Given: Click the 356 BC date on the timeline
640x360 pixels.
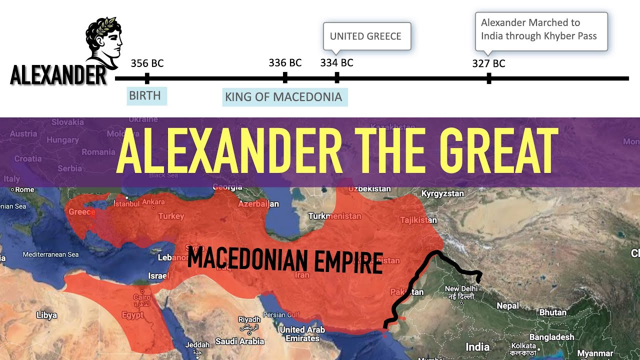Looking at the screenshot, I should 147,63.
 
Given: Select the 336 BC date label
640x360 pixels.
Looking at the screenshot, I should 285,63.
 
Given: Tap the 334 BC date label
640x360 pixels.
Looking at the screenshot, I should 336,63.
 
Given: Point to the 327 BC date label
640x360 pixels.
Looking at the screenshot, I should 488,63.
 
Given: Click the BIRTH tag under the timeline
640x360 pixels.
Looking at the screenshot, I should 145,95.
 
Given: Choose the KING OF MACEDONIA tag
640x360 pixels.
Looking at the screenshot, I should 283,97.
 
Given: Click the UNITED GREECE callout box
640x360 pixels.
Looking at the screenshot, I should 366,36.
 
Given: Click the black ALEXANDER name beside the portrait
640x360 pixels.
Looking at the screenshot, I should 58,76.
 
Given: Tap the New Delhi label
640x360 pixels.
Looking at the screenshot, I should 461,289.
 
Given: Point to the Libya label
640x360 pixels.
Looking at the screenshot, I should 46,315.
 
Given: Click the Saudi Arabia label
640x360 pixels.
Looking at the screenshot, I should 239,341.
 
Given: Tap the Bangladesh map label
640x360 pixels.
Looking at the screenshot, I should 551,337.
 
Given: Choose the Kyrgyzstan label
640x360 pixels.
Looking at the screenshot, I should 442,193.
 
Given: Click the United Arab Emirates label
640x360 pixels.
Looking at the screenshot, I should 302,334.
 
